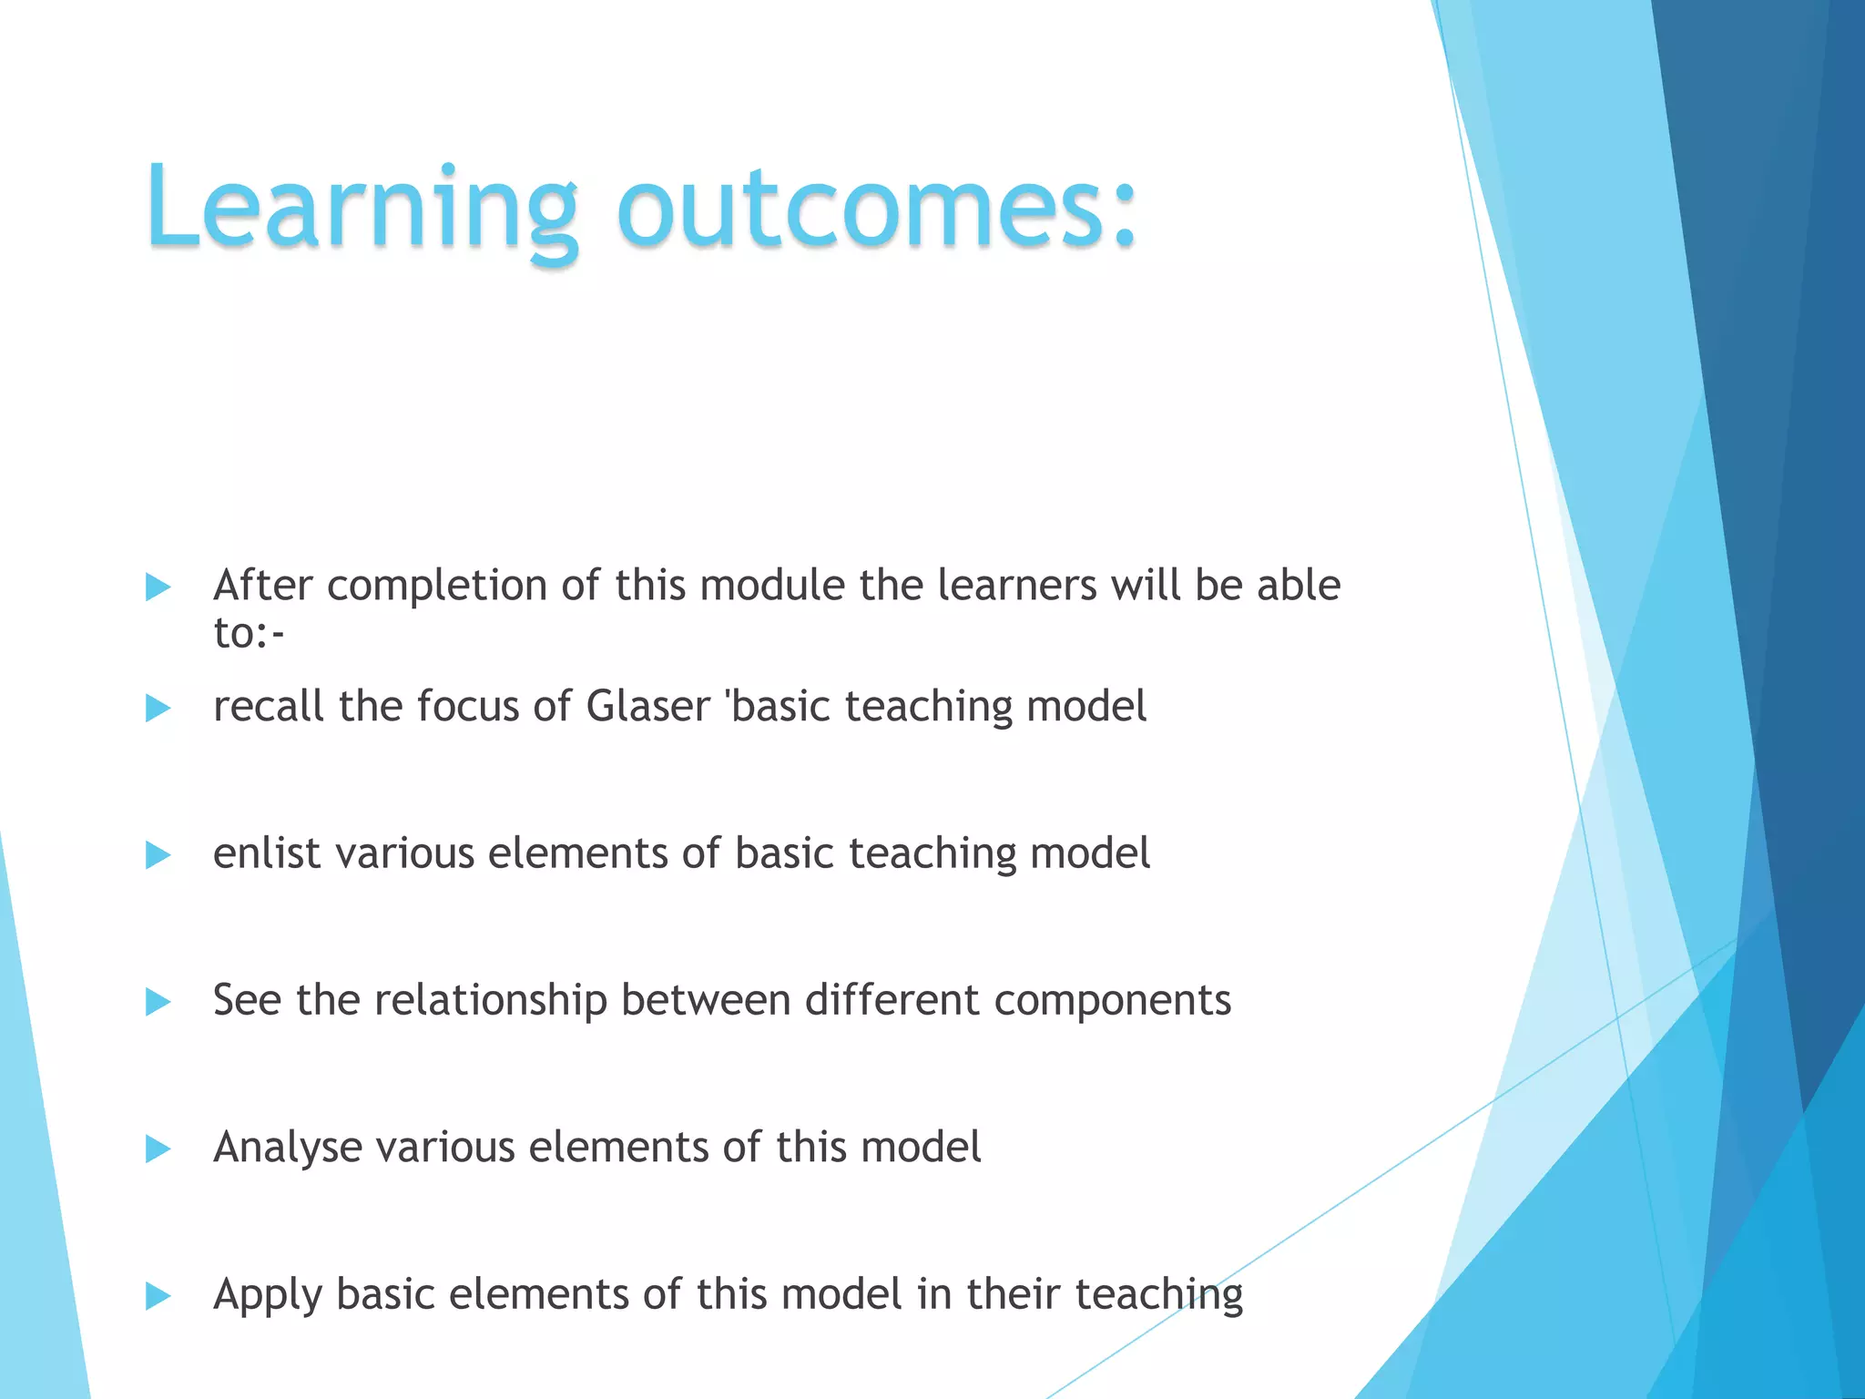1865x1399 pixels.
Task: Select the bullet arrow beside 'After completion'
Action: pyautogui.click(x=158, y=587)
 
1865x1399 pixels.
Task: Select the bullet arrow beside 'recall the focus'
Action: pyautogui.click(x=158, y=709)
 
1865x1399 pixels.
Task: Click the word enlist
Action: pyautogui.click(x=267, y=854)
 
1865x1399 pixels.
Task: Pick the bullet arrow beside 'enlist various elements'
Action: pyautogui.click(x=158, y=855)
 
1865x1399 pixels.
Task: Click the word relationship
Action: pyautogui.click(x=491, y=1001)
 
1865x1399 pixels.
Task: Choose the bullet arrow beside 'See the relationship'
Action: pyautogui.click(x=158, y=1003)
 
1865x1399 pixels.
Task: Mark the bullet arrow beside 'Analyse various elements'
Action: pyautogui.click(x=158, y=1149)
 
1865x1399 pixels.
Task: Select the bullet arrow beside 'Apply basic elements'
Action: pyautogui.click(x=158, y=1296)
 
